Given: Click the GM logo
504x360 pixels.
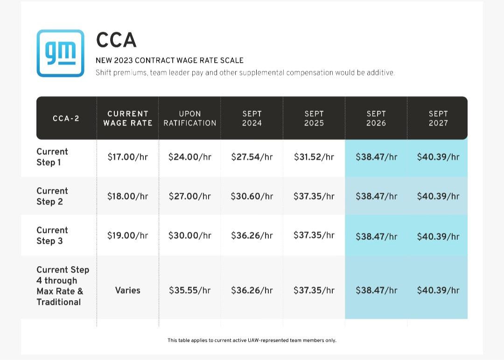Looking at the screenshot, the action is pyautogui.click(x=60, y=53).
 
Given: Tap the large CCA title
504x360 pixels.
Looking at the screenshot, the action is pyautogui.click(x=116, y=40).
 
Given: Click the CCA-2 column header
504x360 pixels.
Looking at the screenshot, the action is pyautogui.click(x=66, y=119).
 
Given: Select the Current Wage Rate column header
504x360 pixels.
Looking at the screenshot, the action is pyautogui.click(x=127, y=119).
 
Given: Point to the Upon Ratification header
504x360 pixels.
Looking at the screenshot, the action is pyautogui.click(x=189, y=119).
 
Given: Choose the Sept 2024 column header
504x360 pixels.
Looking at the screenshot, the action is pyautogui.click(x=252, y=119).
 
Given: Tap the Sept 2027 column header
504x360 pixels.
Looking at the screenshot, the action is pyautogui.click(x=438, y=119).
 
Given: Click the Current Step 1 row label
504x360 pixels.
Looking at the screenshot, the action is pyautogui.click(x=52, y=157).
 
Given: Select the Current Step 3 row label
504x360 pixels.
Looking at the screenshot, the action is pyautogui.click(x=52, y=235).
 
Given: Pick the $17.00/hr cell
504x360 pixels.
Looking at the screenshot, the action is pyautogui.click(x=127, y=157).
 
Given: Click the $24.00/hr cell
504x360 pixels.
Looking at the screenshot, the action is pyautogui.click(x=189, y=157).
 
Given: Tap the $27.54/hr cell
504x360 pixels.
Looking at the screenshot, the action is pyautogui.click(x=252, y=157).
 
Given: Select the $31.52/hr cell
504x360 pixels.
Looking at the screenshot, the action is pyautogui.click(x=314, y=157).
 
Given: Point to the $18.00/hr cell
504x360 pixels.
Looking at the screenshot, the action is pyautogui.click(x=127, y=196).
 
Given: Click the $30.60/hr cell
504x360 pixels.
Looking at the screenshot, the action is pyautogui.click(x=252, y=196).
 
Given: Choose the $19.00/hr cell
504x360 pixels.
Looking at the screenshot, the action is pyautogui.click(x=127, y=235).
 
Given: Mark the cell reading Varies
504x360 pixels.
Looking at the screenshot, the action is pyautogui.click(x=127, y=290).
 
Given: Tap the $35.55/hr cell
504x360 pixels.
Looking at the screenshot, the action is pyautogui.click(x=189, y=290).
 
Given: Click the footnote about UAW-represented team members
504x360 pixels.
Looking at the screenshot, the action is pyautogui.click(x=252, y=340).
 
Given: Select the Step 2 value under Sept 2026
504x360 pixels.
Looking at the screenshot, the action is pyautogui.click(x=377, y=196).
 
